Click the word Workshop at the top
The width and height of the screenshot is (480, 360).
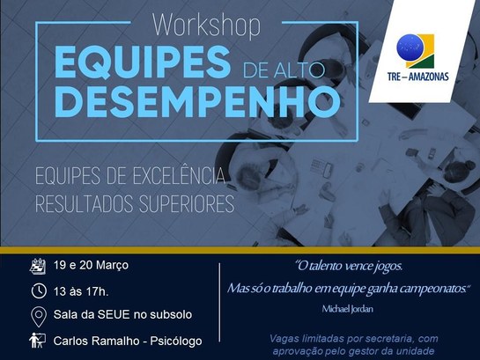coord(206,26)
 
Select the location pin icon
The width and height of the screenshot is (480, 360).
coord(38,316)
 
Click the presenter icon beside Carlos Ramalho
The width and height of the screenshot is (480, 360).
coord(38,341)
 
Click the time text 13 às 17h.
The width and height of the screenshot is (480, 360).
coord(84,290)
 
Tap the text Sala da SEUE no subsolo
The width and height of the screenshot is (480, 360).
coord(122,315)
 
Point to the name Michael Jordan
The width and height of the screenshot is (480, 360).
coord(349,310)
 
